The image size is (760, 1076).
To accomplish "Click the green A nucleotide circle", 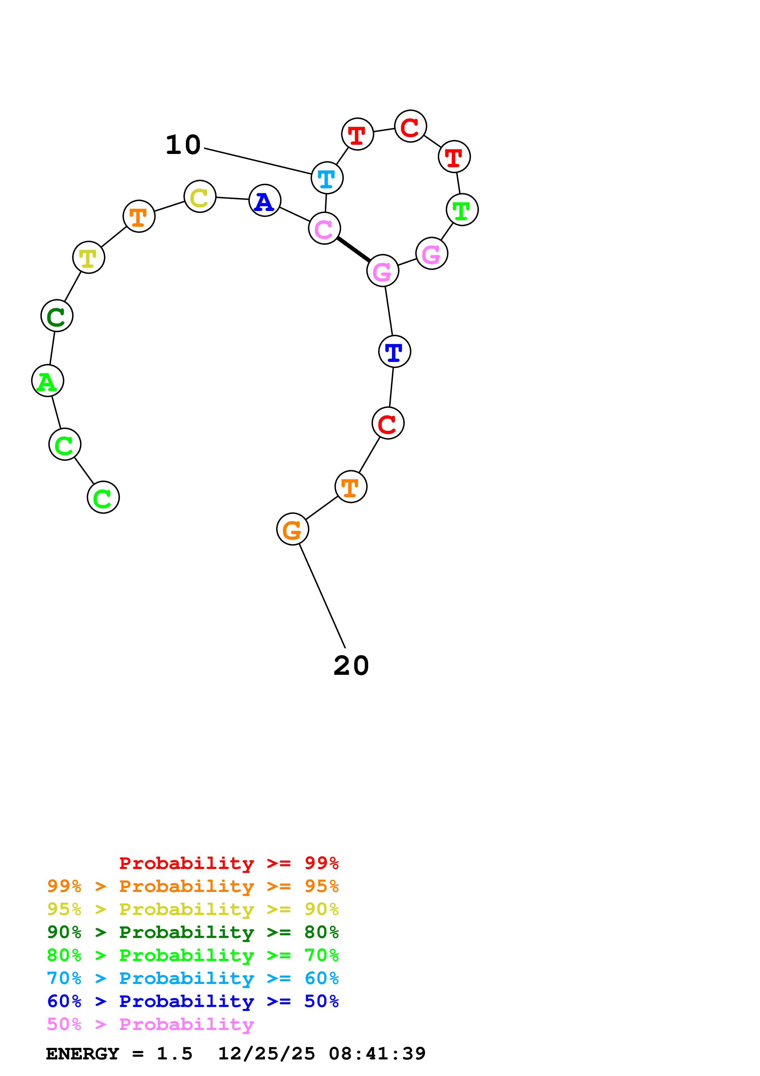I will pyautogui.click(x=47, y=381).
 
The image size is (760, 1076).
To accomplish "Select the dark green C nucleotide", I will pyautogui.click(x=57, y=316).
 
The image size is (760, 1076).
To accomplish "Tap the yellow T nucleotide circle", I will pyautogui.click(x=89, y=257).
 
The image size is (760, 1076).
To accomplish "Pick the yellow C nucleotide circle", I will pyautogui.click(x=200, y=196).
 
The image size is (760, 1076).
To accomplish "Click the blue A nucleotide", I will pyautogui.click(x=265, y=201).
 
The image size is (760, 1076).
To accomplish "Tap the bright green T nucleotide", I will pyautogui.click(x=462, y=209).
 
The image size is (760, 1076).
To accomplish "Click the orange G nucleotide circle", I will pyautogui.click(x=293, y=529).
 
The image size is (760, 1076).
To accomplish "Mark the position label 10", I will pyautogui.click(x=183, y=145).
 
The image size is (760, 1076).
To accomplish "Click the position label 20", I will pyautogui.click(x=351, y=666).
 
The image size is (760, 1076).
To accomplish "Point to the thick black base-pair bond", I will pyautogui.click(x=353, y=249).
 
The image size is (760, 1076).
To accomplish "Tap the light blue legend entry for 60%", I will pyautogui.click(x=193, y=978).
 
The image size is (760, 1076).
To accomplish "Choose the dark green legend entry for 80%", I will pyautogui.click(x=193, y=932).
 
